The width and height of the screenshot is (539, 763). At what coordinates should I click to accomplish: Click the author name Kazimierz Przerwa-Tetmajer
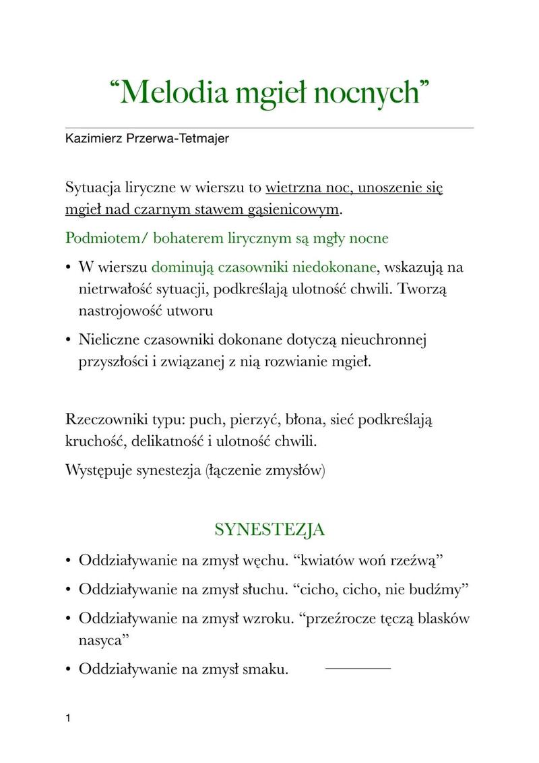tap(147, 139)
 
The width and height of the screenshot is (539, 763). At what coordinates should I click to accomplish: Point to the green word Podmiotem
tap(99, 238)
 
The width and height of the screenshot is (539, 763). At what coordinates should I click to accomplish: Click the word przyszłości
tap(110, 362)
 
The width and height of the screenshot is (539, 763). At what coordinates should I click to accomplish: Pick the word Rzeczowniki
tap(106, 419)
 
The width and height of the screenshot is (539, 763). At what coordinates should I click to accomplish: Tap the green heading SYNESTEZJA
tap(269, 529)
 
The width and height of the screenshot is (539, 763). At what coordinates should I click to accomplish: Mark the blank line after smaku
tap(358, 668)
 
